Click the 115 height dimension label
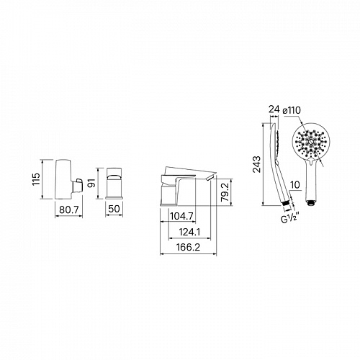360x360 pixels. pyautogui.click(x=36, y=179)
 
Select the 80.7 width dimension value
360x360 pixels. pyautogui.click(x=69, y=210)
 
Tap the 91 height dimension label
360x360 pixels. pyautogui.click(x=91, y=183)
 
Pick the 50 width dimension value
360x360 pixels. pyautogui.click(x=114, y=209)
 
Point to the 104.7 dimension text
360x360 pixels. pyautogui.click(x=181, y=216)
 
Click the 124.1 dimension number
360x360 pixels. pyautogui.click(x=189, y=232)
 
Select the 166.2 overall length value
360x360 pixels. pyautogui.click(x=188, y=247)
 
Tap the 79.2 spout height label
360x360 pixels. pyautogui.click(x=225, y=192)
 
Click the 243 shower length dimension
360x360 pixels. pyautogui.click(x=256, y=164)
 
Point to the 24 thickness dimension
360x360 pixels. pyautogui.click(x=274, y=109)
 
